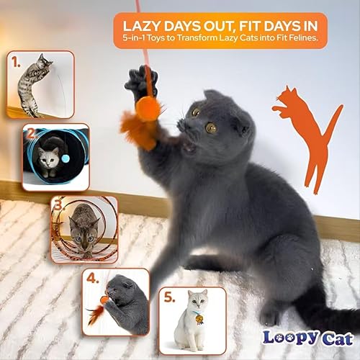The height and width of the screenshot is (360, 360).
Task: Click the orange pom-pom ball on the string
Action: coord(150,109)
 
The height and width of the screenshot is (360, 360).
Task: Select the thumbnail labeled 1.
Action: coord(40,84)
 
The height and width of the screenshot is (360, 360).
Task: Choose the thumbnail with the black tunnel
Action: coord(55,157)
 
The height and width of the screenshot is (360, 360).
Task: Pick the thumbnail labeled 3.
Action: coord(84,229)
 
